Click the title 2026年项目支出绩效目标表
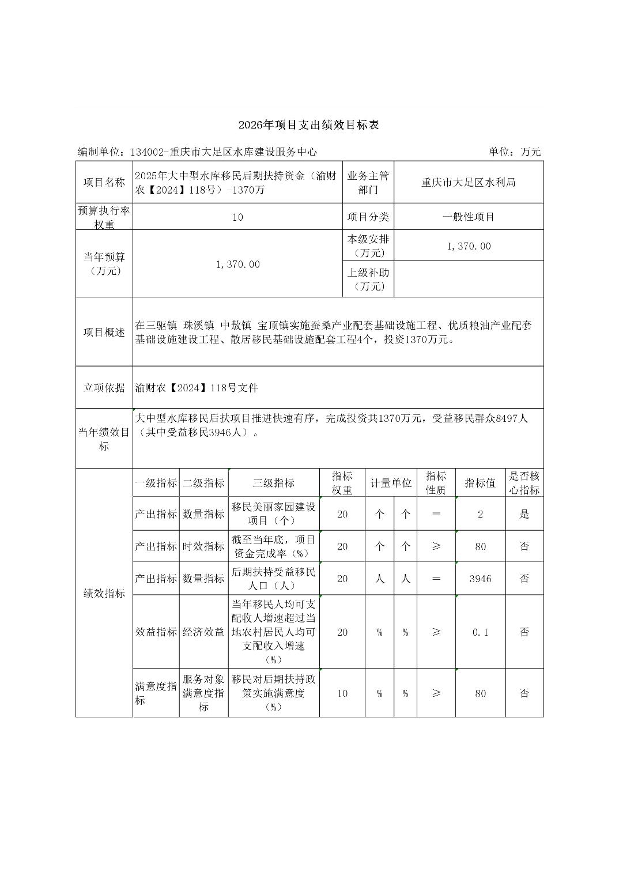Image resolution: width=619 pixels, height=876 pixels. coord(309,124)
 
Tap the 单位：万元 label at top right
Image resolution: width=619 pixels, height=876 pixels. coord(515,152)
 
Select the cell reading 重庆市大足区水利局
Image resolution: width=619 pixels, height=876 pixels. coord(468,183)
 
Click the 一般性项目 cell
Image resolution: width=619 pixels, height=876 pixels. coord(468,217)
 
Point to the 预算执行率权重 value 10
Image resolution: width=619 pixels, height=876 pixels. coord(237,217)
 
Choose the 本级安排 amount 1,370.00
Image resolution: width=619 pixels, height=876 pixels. coord(469,246)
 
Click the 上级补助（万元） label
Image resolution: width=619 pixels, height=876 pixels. coord(368,280)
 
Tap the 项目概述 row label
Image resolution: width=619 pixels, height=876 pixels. coord(104,333)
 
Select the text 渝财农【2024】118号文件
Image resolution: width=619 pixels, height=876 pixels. coord(197,388)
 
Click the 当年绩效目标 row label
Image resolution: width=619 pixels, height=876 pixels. coord(104,439)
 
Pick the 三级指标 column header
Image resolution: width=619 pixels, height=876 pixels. coord(273,483)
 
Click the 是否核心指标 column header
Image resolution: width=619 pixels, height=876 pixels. coord(524,483)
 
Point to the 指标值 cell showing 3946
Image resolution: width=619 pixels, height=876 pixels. coord(480,579)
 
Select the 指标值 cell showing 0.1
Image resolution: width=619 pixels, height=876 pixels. coord(480,632)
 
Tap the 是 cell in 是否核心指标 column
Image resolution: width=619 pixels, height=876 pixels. coord(524,514)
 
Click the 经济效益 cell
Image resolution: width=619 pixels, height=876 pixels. coord(203,632)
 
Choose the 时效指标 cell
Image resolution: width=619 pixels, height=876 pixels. coord(203,546)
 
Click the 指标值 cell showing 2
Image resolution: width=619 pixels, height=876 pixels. coord(480,514)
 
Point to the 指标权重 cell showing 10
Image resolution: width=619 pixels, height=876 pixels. coord(342,693)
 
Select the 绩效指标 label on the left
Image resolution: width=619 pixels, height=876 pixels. coord(104,594)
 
